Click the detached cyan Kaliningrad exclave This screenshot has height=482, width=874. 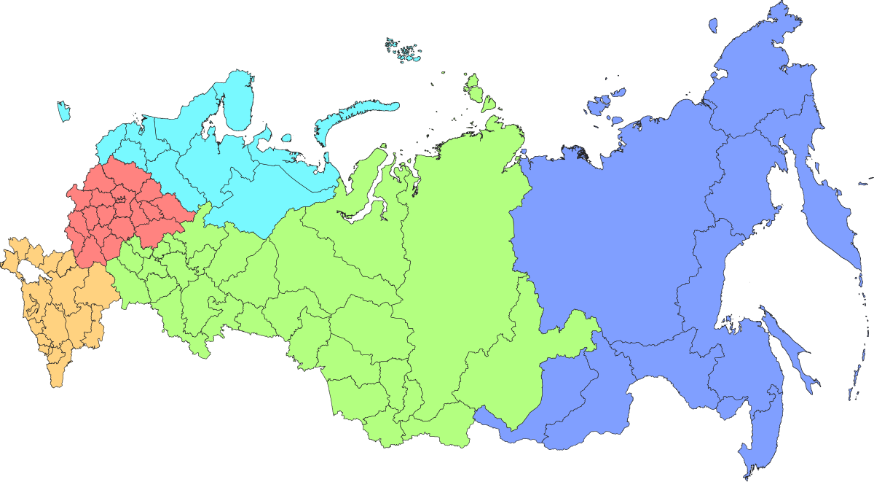(x=64, y=112)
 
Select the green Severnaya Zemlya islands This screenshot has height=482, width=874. (x=477, y=91)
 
